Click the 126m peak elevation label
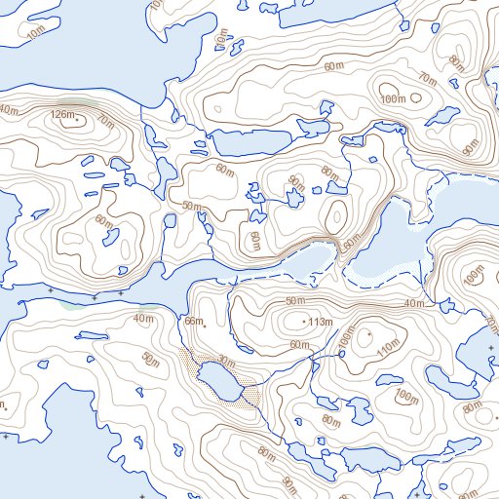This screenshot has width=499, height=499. (61, 116)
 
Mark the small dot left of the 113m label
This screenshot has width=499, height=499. (307, 322)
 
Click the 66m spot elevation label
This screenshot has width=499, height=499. (193, 322)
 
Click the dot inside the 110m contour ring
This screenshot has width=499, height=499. (369, 336)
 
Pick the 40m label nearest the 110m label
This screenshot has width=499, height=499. (414, 303)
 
